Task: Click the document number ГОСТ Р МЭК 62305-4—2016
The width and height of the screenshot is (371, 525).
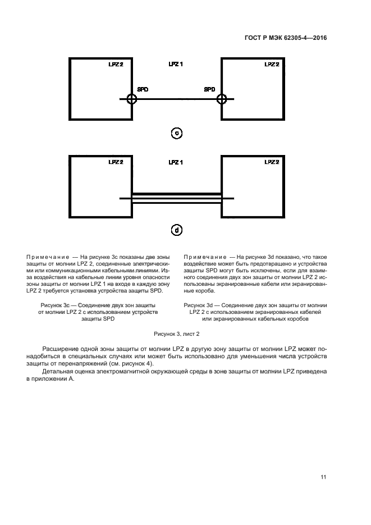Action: click(x=286, y=38)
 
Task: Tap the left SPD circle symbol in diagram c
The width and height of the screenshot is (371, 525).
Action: click(x=131, y=99)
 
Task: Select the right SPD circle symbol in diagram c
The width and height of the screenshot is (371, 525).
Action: click(x=222, y=99)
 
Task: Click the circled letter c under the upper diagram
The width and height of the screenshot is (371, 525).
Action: click(x=177, y=133)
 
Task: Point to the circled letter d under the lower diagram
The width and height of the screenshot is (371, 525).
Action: click(x=177, y=230)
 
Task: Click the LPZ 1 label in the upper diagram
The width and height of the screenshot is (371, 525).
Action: click(x=176, y=65)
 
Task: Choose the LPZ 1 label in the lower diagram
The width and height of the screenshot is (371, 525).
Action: click(x=176, y=162)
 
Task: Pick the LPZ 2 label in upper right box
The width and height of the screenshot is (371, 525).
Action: click(x=272, y=65)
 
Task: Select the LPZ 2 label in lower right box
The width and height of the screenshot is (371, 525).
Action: click(x=272, y=162)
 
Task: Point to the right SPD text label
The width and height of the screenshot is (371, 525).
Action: click(x=209, y=89)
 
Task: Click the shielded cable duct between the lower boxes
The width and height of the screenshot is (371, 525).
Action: click(x=177, y=198)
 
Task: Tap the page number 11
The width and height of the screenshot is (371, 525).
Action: click(x=323, y=477)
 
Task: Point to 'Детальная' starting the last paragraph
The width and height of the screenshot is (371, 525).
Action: click(x=61, y=372)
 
